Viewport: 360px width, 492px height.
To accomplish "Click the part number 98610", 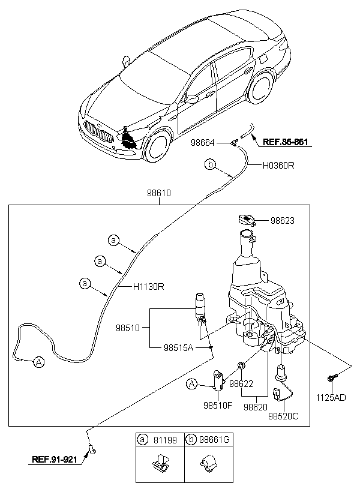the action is point(159,193).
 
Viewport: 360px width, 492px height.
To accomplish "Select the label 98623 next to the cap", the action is point(283,221).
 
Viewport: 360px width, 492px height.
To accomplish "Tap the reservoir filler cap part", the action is point(247,220).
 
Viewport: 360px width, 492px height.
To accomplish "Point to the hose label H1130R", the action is point(148,286).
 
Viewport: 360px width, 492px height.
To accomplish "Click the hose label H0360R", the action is point(278,166).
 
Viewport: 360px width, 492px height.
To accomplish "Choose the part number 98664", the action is point(203,143).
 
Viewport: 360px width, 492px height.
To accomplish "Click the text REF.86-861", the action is point(285,142).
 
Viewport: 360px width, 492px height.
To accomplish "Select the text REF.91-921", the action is point(54,460).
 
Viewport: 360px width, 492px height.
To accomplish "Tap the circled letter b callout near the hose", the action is point(210,164).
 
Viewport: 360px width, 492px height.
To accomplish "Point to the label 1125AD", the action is point(331,398).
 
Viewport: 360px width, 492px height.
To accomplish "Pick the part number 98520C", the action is point(283,416).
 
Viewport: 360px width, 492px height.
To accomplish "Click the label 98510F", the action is point(218,406).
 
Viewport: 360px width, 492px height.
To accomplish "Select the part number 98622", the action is point(241,383).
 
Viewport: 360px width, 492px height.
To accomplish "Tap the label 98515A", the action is point(178,347).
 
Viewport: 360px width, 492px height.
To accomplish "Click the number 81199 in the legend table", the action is point(165,440).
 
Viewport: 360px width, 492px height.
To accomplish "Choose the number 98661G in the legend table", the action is point(214,440).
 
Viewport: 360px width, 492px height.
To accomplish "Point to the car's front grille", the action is point(98,131).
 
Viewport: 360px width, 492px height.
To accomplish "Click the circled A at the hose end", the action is point(38,362).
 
